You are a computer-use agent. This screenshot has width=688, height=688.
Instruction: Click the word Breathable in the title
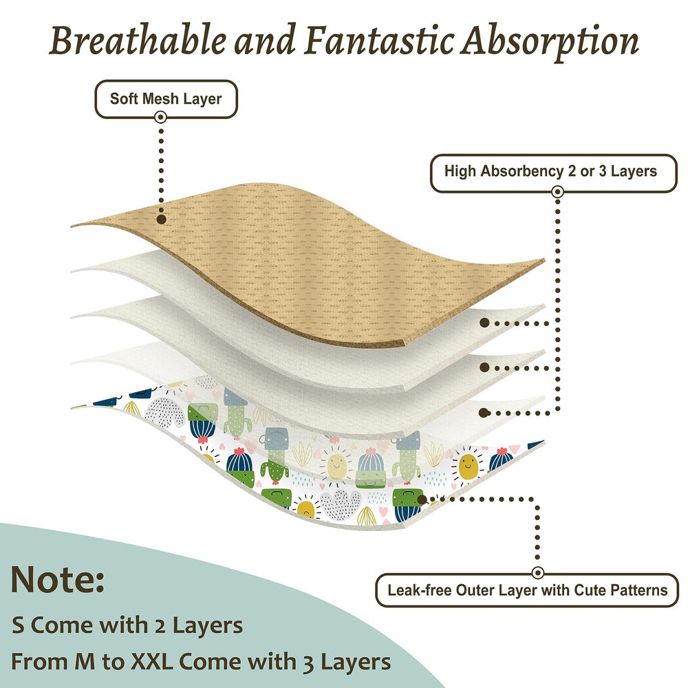click(x=138, y=40)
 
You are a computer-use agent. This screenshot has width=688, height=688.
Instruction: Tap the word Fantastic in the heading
click(x=379, y=40)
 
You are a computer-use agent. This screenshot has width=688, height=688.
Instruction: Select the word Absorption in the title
click(x=549, y=42)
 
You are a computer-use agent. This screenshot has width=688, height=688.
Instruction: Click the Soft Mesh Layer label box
click(x=166, y=99)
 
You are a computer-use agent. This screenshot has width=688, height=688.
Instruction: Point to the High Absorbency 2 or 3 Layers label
click(x=554, y=173)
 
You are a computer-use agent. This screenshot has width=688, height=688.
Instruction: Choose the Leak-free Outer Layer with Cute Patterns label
click(x=528, y=590)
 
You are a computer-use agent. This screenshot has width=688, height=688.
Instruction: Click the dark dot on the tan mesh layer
click(x=161, y=219)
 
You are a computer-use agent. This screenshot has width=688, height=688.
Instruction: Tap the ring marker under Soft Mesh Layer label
click(x=160, y=117)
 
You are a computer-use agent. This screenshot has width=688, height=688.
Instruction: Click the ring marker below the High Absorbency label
click(x=557, y=192)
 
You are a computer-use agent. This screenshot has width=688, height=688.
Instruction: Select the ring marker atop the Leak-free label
click(x=537, y=572)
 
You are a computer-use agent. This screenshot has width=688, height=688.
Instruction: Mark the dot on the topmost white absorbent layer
click(x=484, y=323)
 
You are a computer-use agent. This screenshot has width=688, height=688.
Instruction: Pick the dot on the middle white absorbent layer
click(x=484, y=367)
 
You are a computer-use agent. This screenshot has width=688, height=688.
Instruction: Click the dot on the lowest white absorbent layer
click(x=484, y=413)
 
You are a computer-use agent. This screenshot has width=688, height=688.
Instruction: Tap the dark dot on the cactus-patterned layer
click(x=422, y=499)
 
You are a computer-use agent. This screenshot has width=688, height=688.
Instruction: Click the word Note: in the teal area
click(x=58, y=579)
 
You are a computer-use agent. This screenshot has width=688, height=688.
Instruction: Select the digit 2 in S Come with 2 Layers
click(x=160, y=626)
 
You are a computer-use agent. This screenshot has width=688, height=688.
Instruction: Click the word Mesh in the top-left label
click(x=160, y=98)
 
